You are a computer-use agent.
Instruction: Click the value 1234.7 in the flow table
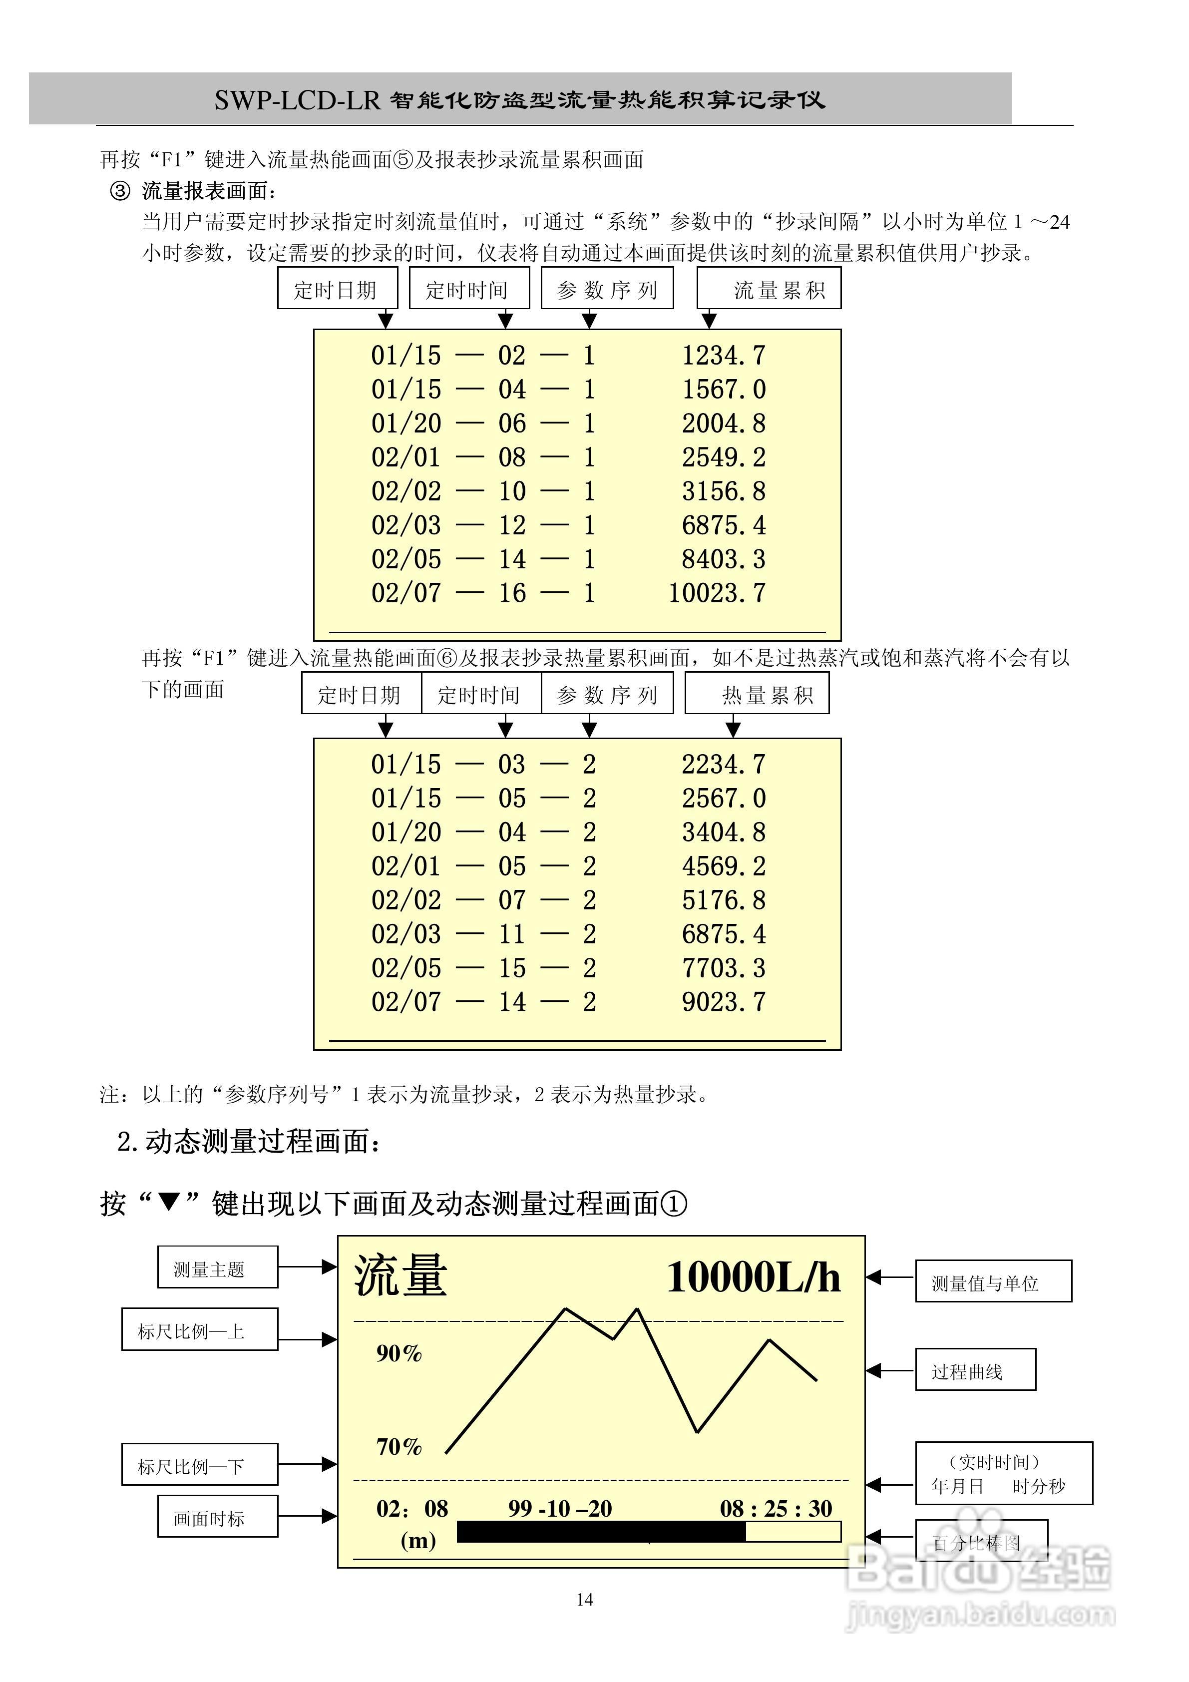(x=723, y=356)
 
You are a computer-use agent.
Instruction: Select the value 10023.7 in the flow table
(x=717, y=593)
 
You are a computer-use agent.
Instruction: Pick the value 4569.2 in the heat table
(x=723, y=866)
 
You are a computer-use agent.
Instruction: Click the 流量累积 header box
(x=769, y=289)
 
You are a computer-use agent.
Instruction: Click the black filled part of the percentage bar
(x=601, y=1531)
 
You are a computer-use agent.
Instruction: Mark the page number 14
(x=585, y=1600)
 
